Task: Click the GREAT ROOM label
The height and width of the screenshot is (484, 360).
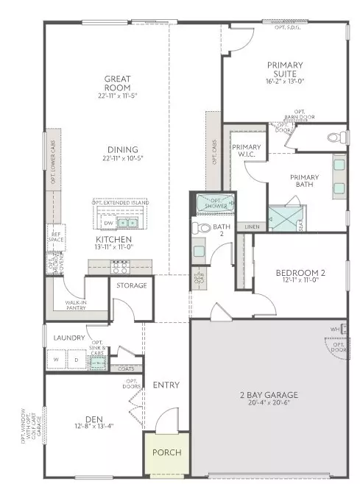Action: (x=117, y=82)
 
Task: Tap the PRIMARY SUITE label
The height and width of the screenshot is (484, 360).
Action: (x=285, y=69)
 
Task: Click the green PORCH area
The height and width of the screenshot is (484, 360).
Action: (x=166, y=452)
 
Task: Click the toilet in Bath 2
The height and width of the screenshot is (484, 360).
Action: (x=197, y=229)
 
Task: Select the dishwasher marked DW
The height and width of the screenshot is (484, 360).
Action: (x=108, y=223)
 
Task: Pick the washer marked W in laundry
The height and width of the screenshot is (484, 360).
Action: (x=55, y=360)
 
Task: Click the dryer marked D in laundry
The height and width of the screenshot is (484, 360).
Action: (x=75, y=360)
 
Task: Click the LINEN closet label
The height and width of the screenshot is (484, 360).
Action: (x=252, y=227)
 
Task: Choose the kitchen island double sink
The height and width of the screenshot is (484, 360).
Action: (x=129, y=223)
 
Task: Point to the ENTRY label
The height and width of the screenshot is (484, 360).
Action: (x=166, y=385)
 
